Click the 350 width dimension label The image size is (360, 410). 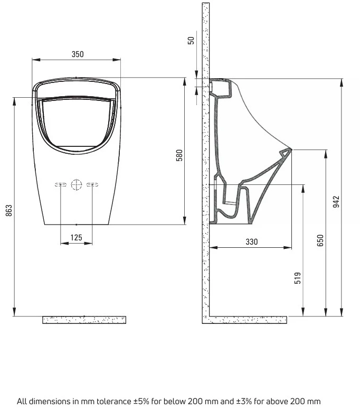78,54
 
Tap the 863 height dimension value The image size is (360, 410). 9,210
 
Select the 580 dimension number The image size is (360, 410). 179,155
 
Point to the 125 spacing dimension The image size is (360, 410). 77,237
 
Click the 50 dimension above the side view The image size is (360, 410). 191,41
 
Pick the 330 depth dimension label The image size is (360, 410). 252,241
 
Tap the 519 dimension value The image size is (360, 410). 298,278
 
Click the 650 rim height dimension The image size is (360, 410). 320,240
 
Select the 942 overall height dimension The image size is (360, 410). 336,202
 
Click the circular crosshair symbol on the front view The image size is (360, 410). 77,184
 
